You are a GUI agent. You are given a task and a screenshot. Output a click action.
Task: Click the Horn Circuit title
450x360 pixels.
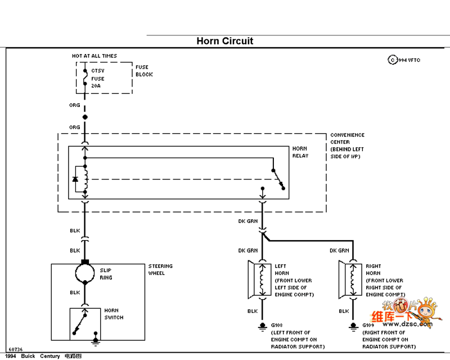[x=225, y=41]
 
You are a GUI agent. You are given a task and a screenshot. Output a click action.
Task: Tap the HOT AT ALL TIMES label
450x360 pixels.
[x=94, y=56]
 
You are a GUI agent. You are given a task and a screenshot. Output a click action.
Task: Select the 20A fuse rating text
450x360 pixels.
[x=96, y=86]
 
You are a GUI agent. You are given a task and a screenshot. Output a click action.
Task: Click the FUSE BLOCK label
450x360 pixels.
[x=144, y=71]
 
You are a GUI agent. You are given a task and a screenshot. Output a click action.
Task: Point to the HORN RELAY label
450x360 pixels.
[x=300, y=152]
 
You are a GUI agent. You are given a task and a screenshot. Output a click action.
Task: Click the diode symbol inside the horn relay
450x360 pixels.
[x=75, y=179]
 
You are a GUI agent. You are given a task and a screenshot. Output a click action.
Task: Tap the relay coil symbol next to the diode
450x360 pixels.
[x=85, y=179]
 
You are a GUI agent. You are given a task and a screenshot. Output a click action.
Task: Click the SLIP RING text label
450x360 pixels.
[x=106, y=274]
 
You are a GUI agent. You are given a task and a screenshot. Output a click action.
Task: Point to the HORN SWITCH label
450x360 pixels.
[x=114, y=314]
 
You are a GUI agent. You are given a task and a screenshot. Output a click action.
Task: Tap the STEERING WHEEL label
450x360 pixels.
[x=160, y=269]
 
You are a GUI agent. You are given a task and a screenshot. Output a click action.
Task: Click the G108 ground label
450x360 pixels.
[x=277, y=325]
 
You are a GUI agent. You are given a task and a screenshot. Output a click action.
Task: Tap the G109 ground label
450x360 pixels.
[x=368, y=325]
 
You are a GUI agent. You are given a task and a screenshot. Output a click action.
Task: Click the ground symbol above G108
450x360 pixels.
[x=262, y=326]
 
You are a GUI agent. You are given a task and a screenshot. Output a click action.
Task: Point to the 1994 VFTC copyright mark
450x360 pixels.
[x=404, y=60]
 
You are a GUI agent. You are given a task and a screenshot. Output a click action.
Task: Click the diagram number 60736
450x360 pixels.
[x=15, y=349]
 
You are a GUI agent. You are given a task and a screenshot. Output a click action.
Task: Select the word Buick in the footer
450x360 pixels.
[x=28, y=356]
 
